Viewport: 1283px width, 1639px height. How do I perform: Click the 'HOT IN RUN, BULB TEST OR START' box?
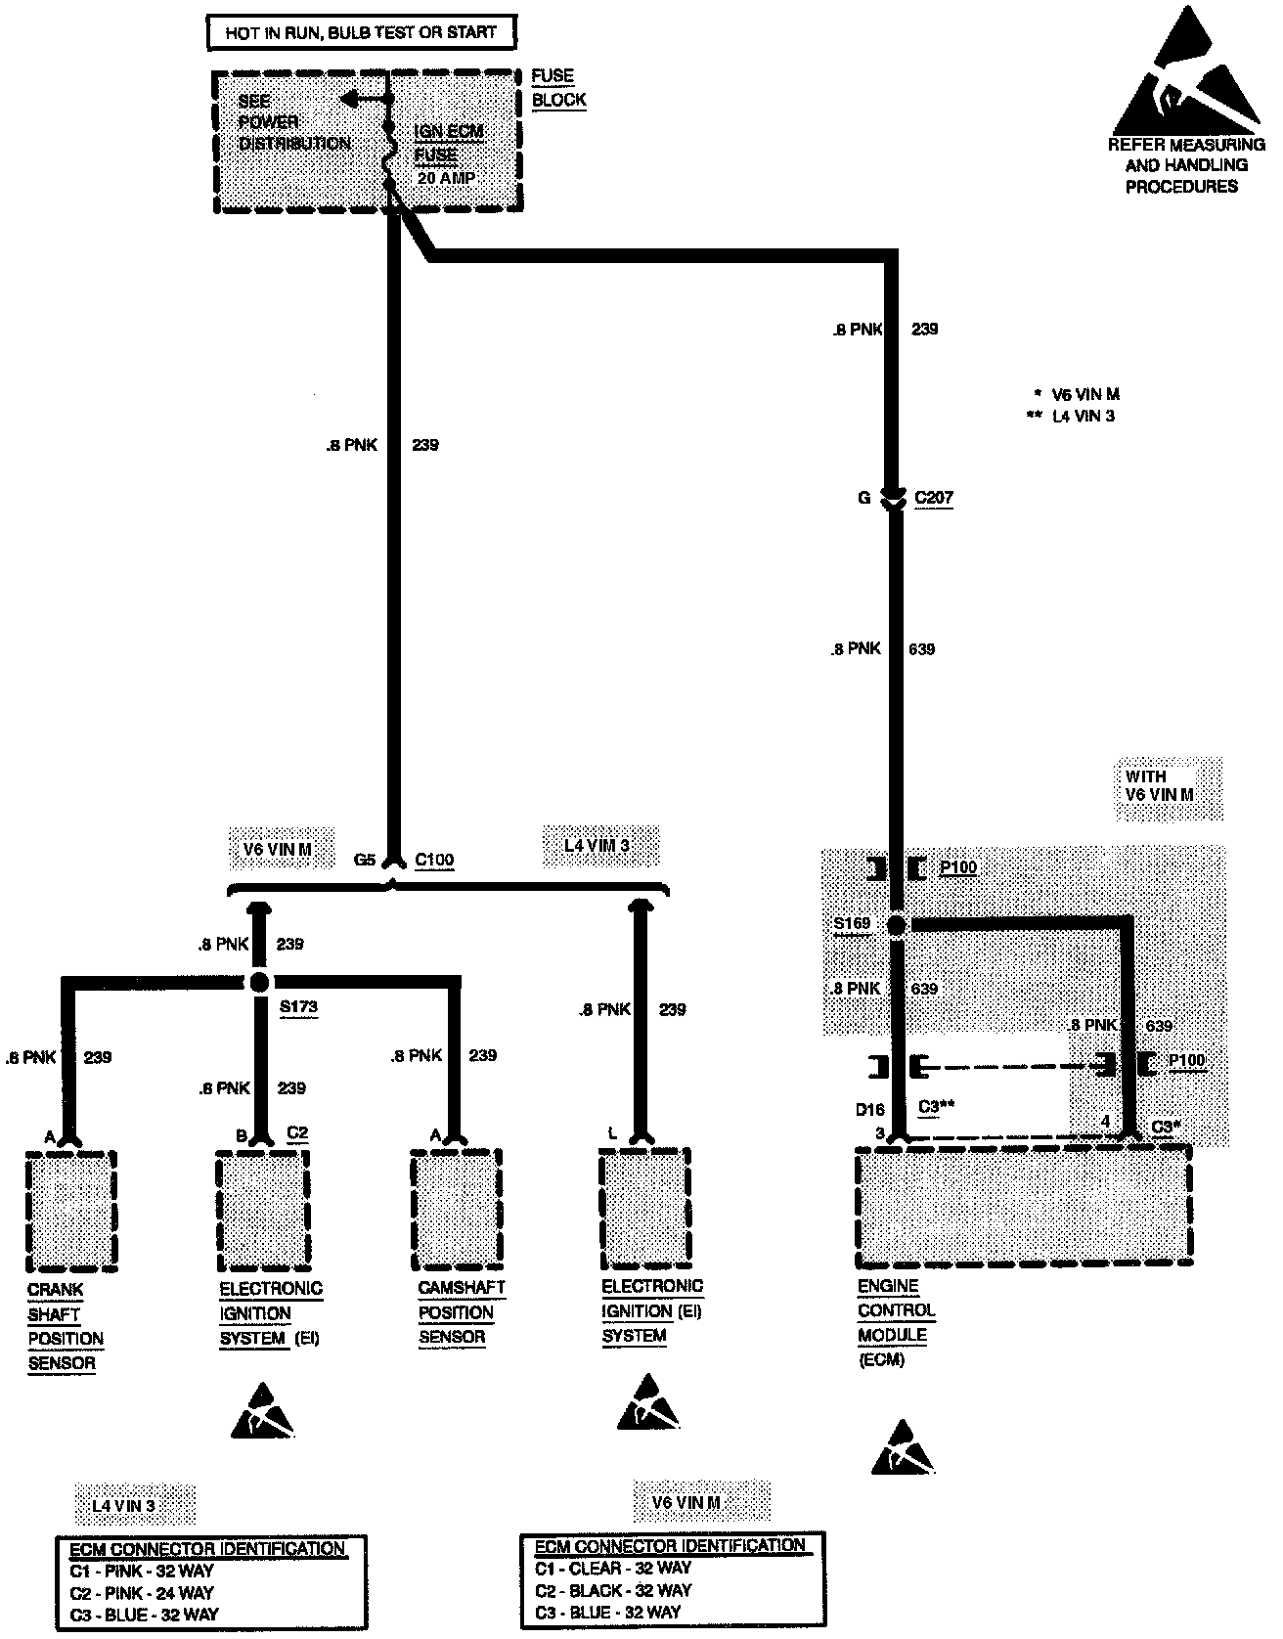[361, 32]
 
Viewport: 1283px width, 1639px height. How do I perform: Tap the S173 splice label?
[298, 1006]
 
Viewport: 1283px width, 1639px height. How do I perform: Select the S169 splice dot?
[897, 924]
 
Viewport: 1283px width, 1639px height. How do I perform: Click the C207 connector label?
[933, 498]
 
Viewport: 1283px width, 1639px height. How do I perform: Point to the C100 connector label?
[434, 860]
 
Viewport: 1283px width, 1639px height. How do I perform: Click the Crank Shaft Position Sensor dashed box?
[70, 1209]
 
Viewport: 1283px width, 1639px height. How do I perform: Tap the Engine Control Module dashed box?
[1023, 1207]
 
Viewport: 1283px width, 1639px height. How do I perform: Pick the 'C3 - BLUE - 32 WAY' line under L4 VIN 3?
[144, 1614]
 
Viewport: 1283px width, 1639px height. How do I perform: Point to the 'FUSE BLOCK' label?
[558, 87]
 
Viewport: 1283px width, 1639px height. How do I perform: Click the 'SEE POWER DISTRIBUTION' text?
[293, 121]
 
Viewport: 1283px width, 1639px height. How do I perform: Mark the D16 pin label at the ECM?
[869, 1109]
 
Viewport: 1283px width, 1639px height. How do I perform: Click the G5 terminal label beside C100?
[364, 860]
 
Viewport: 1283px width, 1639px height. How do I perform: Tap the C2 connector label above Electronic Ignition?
[297, 1132]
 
